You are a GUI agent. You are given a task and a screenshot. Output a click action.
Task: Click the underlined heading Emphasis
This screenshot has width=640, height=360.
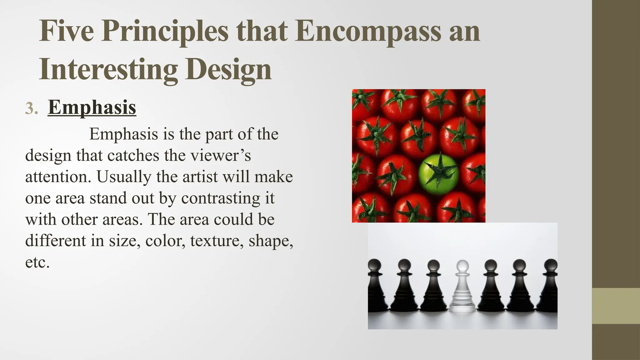pyautogui.click(x=92, y=107)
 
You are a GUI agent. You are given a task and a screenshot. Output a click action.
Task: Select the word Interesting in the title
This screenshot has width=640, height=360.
pyautogui.click(x=108, y=69)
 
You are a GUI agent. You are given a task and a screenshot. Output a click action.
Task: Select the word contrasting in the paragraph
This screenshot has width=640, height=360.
pyautogui.click(x=221, y=198)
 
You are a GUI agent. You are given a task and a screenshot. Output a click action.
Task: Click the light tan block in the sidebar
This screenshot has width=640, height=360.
pyautogui.click(x=616, y=306)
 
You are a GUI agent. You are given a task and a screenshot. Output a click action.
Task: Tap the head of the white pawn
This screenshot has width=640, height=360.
pyautogui.click(x=462, y=266)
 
